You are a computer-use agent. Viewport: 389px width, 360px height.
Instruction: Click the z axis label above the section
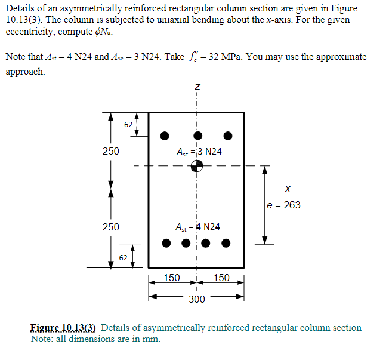point(196,88)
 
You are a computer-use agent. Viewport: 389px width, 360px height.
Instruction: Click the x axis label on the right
point(288,190)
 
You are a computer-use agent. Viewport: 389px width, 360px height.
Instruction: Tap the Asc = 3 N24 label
point(199,152)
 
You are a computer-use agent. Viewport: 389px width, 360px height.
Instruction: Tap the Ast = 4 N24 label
point(197,227)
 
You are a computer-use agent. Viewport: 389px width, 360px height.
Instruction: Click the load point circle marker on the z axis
point(196,167)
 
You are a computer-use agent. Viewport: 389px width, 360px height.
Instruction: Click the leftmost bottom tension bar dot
point(166,243)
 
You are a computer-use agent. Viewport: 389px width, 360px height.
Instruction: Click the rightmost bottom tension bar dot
point(226,243)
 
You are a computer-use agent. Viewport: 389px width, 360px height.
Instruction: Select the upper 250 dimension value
point(110,152)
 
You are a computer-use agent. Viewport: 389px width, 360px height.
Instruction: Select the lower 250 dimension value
point(110,227)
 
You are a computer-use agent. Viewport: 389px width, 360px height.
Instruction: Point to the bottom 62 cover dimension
point(122,258)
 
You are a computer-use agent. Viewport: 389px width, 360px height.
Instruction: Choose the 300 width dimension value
point(196,299)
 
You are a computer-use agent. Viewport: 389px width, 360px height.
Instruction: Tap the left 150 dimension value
point(172,278)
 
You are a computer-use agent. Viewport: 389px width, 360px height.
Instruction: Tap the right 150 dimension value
point(221,278)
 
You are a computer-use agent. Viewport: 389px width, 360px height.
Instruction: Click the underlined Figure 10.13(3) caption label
point(64,328)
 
